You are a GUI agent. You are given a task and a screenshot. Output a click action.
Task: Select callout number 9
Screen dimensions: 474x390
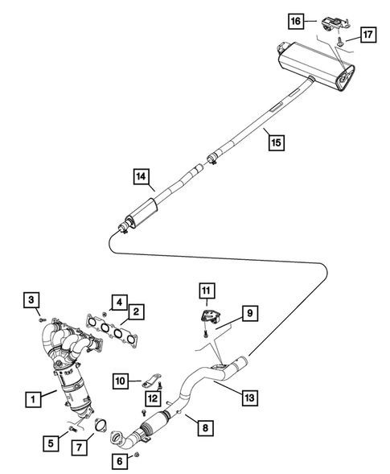tap(248, 311)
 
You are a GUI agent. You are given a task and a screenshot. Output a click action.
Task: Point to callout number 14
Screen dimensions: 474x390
tap(142, 175)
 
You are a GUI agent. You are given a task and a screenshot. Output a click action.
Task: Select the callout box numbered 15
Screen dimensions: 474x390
tap(275, 143)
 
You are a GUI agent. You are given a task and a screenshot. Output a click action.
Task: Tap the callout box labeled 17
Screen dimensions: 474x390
tap(367, 35)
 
